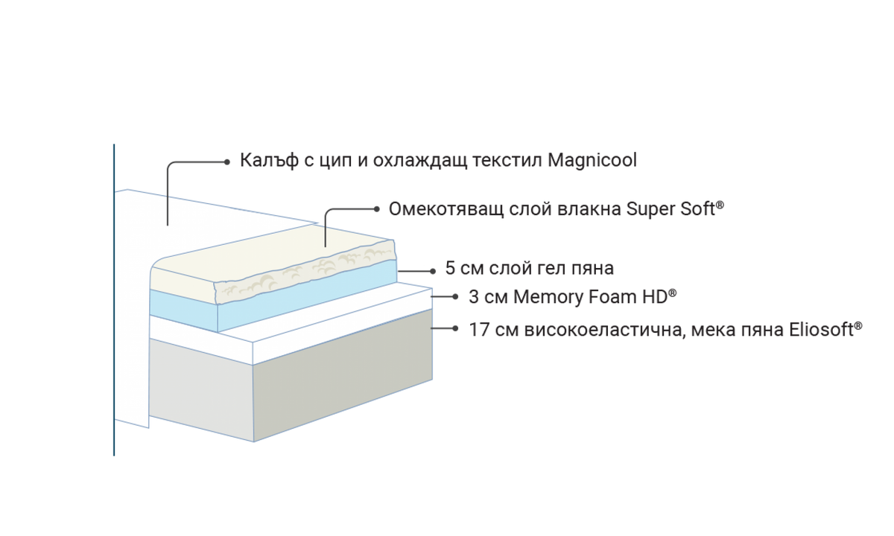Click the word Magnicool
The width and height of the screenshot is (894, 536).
pos(592,160)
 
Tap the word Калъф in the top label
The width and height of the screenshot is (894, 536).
pos(270,160)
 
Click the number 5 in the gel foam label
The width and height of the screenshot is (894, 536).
pos(450,268)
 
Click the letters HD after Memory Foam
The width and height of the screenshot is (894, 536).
pos(654,297)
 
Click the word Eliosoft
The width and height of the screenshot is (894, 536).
pos(821,330)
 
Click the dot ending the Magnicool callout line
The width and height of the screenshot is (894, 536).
pos(227,162)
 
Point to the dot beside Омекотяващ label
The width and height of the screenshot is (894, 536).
pos(376,209)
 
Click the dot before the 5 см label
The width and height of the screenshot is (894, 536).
pos(433,271)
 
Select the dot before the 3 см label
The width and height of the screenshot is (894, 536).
pos(455,297)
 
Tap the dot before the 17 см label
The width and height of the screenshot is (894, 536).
pos(455,328)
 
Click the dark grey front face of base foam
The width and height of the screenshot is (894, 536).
pos(343,376)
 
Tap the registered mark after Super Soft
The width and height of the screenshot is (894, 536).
pos(720,205)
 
